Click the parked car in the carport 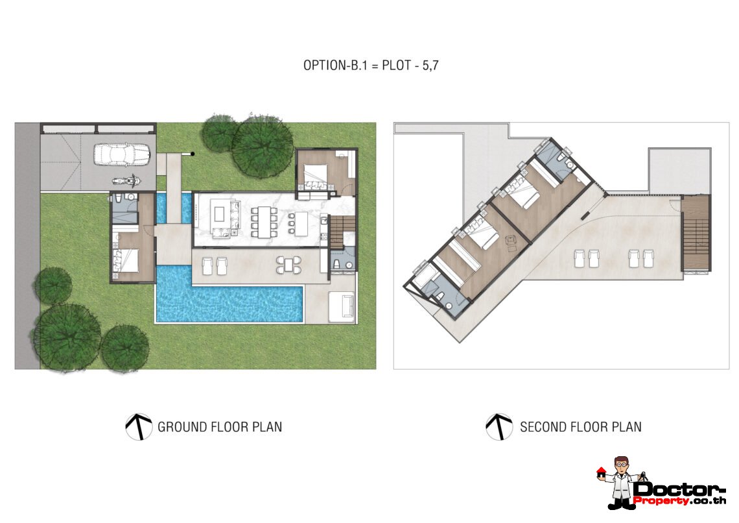(122, 154)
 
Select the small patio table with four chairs (288, 264)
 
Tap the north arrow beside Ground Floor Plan (138, 426)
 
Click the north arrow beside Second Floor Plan (499, 426)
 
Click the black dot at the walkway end (193, 154)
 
